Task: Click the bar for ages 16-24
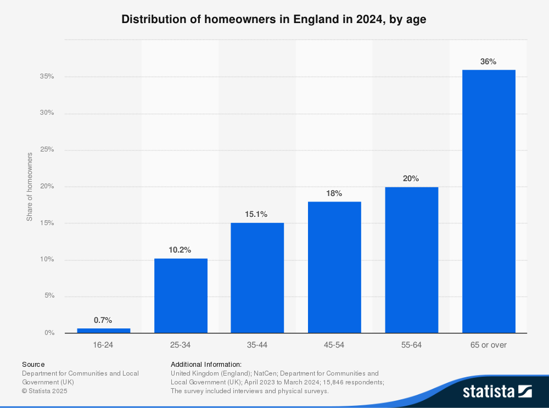coord(104,330)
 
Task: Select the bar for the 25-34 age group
coord(181,295)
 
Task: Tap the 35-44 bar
coord(257,277)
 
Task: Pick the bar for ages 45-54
coord(334,267)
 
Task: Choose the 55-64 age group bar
coord(411,260)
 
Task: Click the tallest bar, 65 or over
coord(488,201)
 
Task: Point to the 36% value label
coord(488,62)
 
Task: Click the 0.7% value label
coord(103,320)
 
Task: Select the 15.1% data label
coord(257,214)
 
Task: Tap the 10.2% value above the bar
coord(180,250)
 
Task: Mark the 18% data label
coord(334,193)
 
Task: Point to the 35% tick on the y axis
coord(47,76)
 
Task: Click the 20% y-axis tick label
coord(47,186)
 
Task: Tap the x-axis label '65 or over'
coord(488,345)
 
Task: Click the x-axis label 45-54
coord(334,345)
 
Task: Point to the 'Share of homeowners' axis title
coord(30,187)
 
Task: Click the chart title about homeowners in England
coord(274,19)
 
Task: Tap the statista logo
coord(497,391)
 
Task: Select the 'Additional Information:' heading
coord(206,364)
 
